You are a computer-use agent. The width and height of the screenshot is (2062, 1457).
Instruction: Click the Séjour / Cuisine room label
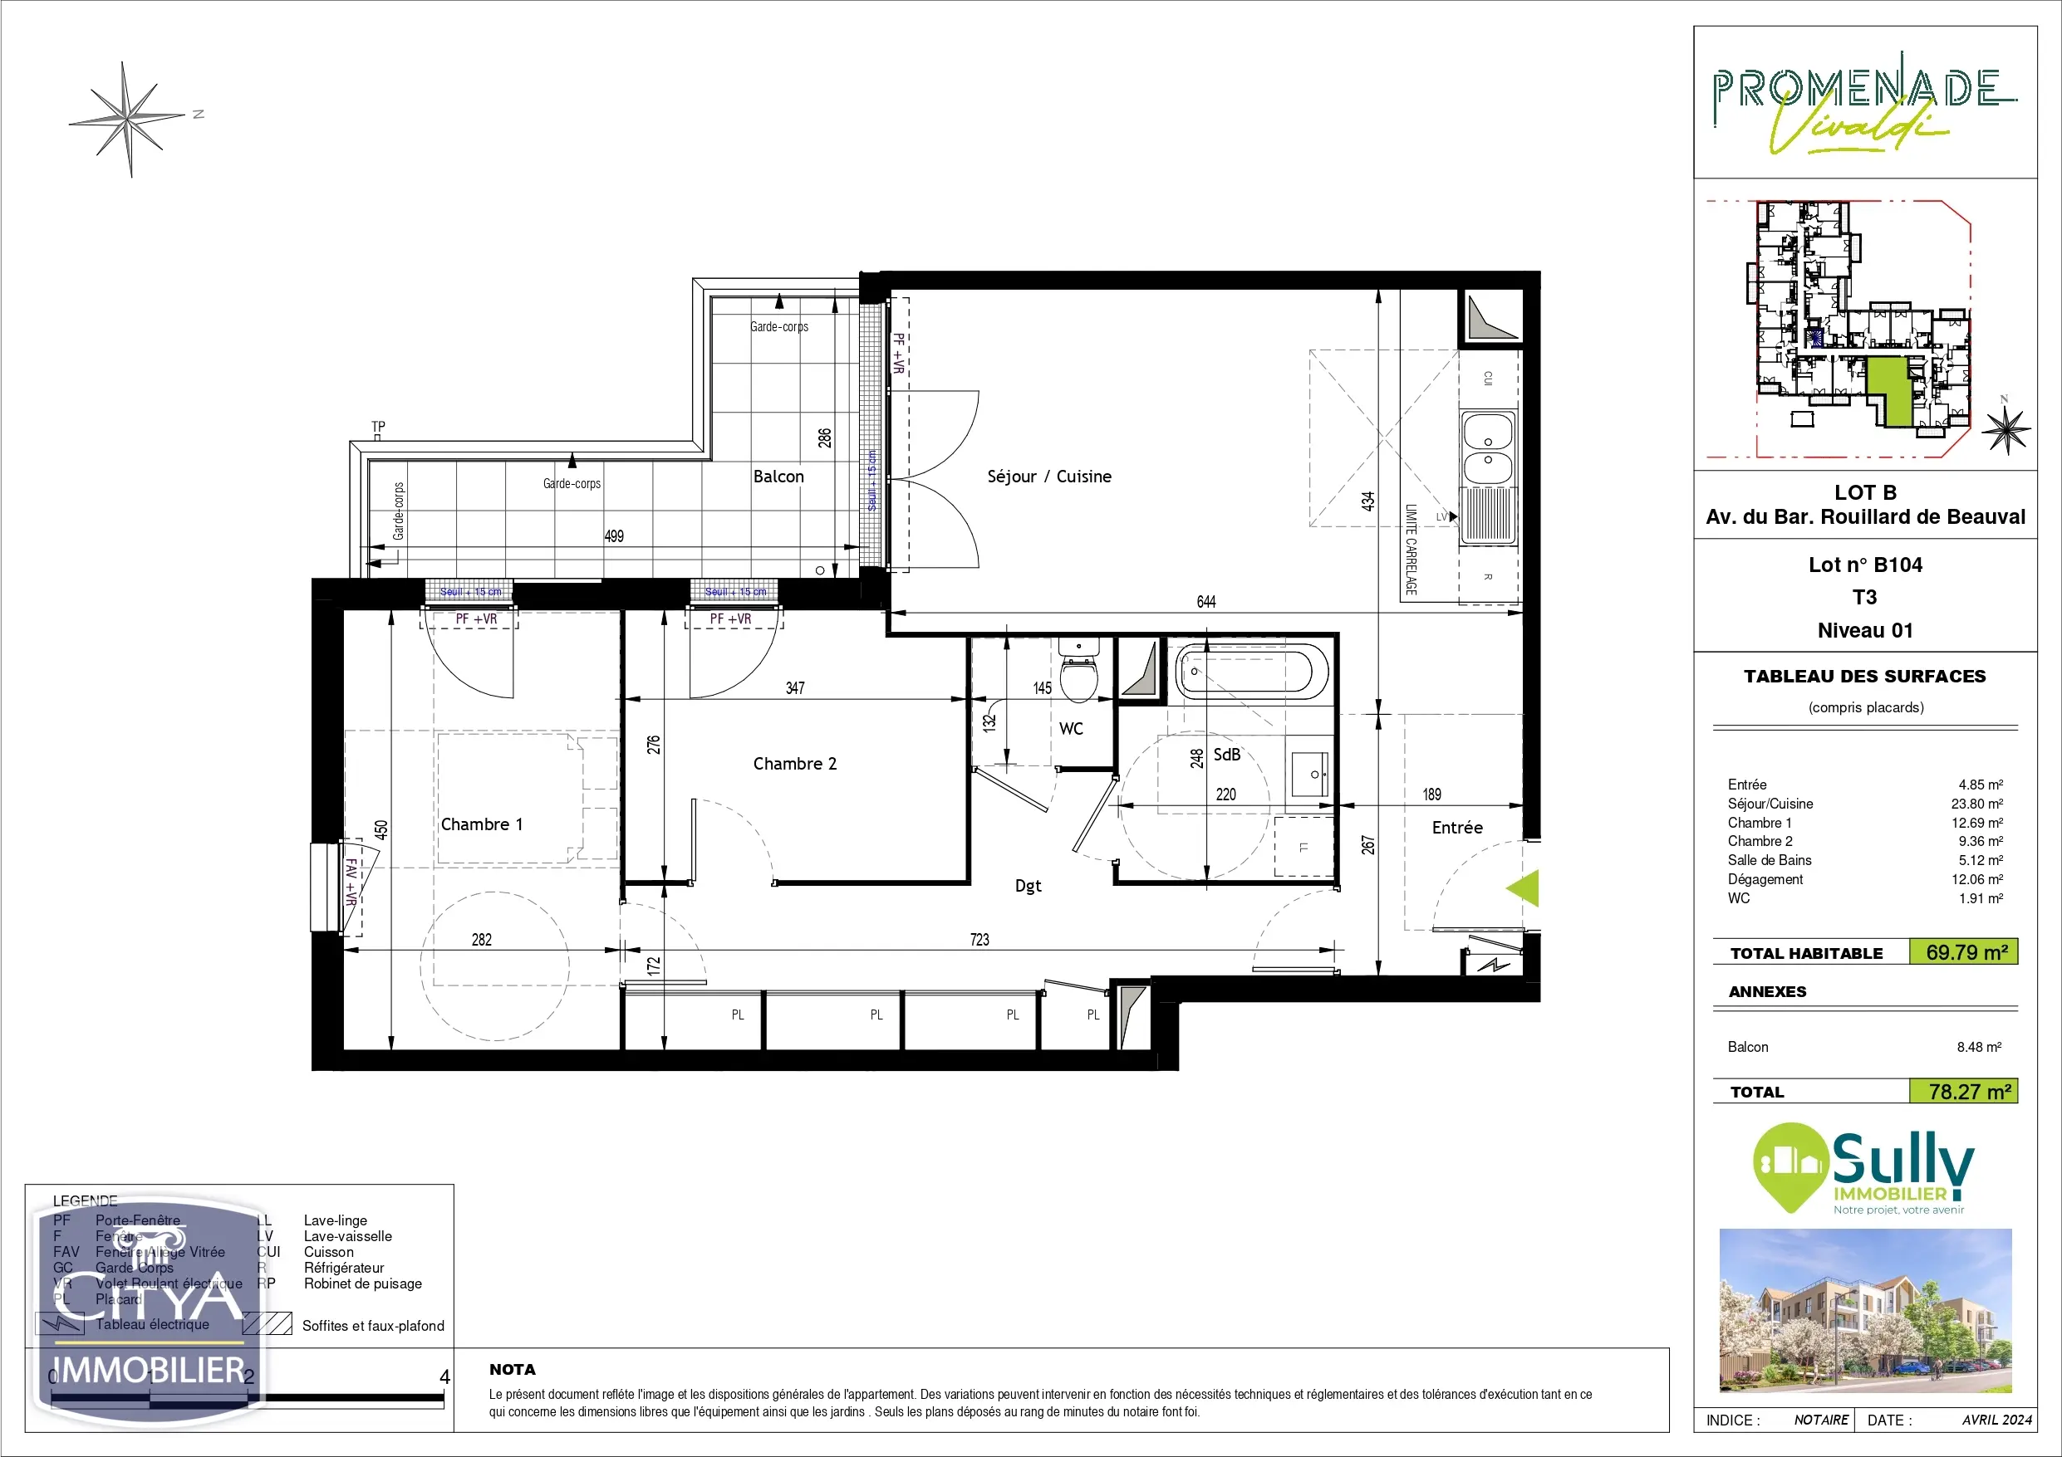coord(1048,477)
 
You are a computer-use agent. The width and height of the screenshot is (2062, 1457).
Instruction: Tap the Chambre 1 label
coord(481,824)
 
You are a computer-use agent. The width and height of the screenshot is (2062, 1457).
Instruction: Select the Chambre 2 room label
coord(794,764)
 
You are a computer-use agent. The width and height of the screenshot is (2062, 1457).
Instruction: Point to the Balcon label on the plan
coord(778,477)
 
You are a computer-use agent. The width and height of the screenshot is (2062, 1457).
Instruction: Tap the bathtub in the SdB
coord(1252,671)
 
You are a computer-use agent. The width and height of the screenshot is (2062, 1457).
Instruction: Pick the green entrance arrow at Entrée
coord(1524,887)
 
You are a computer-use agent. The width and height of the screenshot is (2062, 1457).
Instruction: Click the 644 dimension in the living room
coord(1206,601)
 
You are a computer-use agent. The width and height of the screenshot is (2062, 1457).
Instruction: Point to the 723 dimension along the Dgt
coord(979,939)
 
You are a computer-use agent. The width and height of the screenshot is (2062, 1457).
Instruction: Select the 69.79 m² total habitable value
coord(1966,952)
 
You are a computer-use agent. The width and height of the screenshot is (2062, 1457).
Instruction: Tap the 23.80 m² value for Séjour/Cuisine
coord(1976,804)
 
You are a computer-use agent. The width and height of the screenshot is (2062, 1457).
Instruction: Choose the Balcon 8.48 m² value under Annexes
coord(1978,1047)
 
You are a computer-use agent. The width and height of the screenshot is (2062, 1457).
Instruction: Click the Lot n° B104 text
coord(1864,565)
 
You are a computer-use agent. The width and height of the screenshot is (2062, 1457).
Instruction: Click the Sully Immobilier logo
coord(1864,1169)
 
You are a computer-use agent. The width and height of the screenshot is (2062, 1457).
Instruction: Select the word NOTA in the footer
coord(512,1369)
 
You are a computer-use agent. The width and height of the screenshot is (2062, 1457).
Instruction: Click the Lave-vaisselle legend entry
coord(346,1236)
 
